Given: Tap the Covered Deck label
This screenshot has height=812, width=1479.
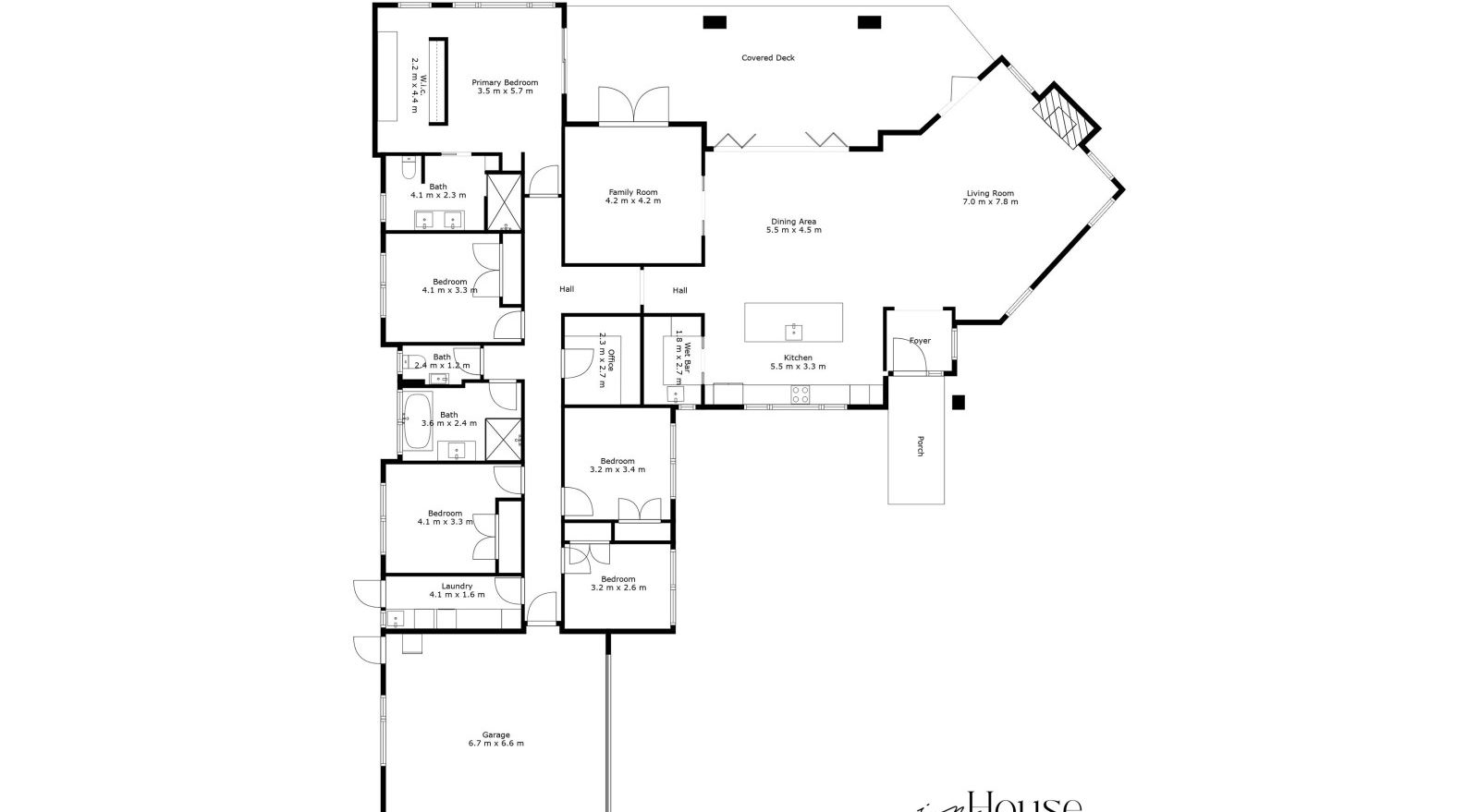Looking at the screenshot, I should (x=768, y=57).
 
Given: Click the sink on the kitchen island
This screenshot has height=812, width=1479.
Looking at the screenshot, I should (x=793, y=331).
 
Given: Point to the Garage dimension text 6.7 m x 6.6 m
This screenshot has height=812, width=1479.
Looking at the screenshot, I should (x=495, y=743).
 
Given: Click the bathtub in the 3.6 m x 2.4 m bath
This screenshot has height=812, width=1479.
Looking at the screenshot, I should (x=417, y=422).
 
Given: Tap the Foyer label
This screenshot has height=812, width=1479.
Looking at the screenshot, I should (x=920, y=341).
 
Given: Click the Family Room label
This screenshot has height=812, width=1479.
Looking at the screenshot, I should (x=633, y=192).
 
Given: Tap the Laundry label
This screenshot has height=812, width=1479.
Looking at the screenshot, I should (x=457, y=586).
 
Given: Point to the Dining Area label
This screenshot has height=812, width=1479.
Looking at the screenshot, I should (x=793, y=222).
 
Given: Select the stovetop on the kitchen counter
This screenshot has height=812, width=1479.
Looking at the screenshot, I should (x=801, y=394).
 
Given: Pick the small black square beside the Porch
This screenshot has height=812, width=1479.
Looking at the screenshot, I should (x=959, y=402).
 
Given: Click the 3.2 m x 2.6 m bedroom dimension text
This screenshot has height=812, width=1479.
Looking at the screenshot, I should (x=617, y=588).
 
